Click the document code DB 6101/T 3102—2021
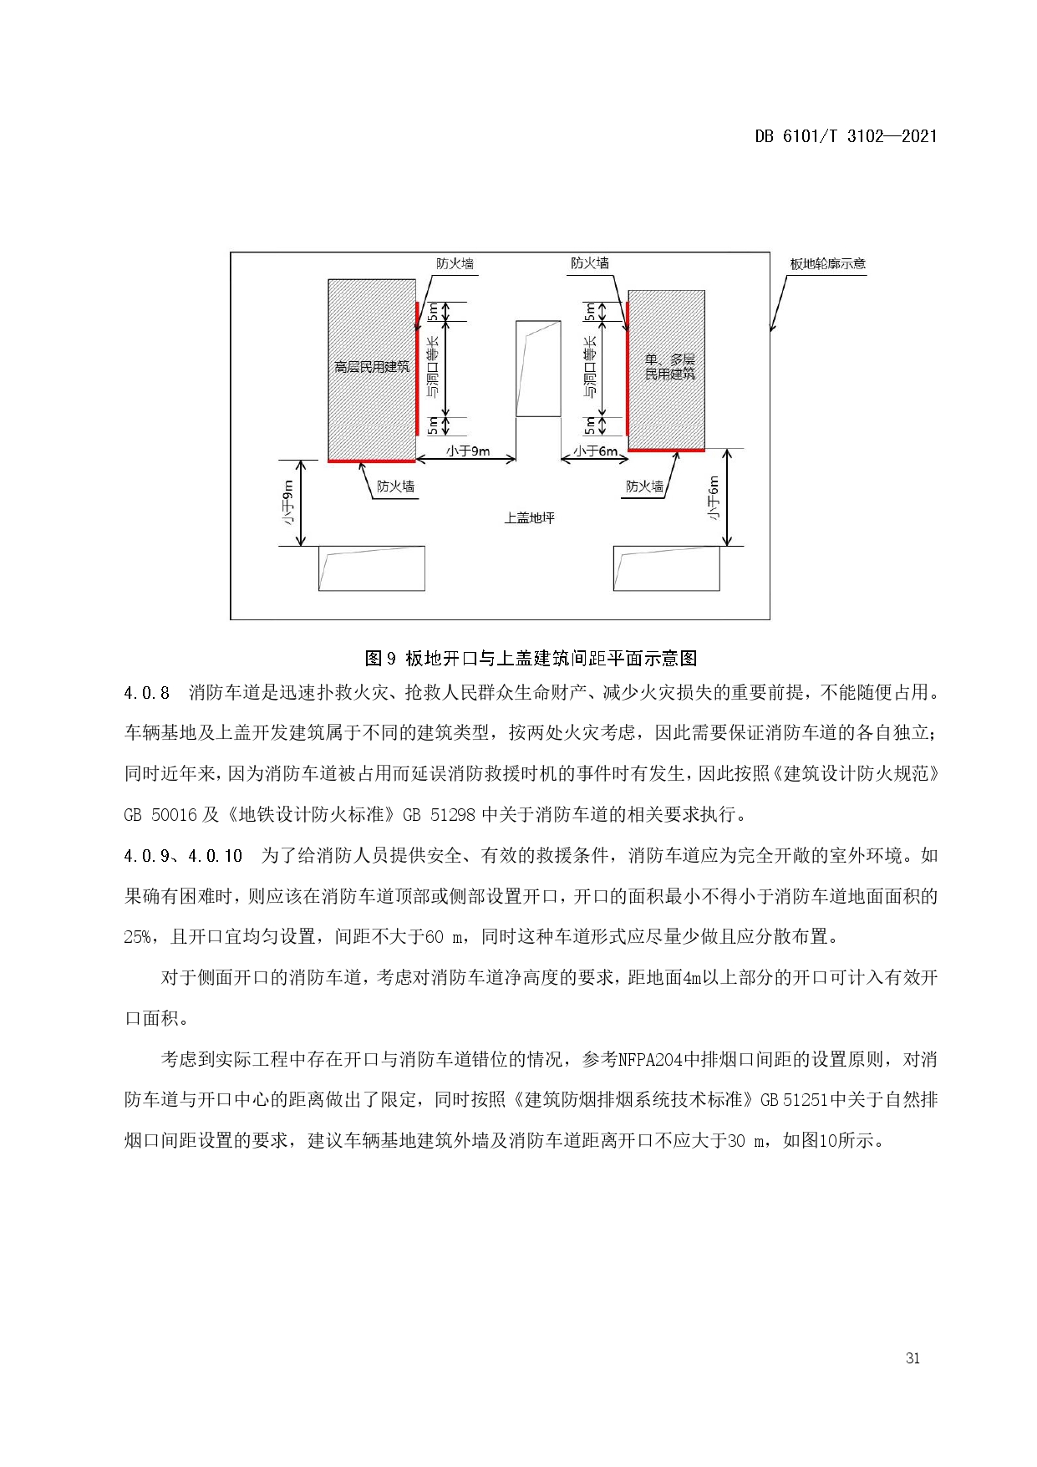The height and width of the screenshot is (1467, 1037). tap(846, 136)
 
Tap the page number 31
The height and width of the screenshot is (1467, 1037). tap(912, 1357)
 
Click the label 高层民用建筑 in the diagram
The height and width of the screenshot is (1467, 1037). tap(371, 367)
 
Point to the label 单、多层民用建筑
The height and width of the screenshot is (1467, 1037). tap(669, 367)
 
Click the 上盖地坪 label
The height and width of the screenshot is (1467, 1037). tap(529, 518)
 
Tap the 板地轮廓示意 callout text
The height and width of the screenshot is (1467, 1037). tap(828, 264)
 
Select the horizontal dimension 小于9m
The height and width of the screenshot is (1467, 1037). tap(467, 451)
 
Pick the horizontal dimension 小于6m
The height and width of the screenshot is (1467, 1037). tap(595, 451)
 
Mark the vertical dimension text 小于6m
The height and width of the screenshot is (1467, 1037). tap(714, 498)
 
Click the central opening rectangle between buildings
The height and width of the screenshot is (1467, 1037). tap(538, 368)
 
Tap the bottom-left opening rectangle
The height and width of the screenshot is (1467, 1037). tap(371, 568)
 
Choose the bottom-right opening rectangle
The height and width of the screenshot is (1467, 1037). tap(666, 568)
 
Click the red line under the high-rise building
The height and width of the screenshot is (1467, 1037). tap(371, 461)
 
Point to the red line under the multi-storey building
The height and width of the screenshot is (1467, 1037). tap(666, 451)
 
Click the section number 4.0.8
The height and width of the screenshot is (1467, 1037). tap(147, 693)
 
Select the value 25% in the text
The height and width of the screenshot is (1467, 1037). tap(137, 937)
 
